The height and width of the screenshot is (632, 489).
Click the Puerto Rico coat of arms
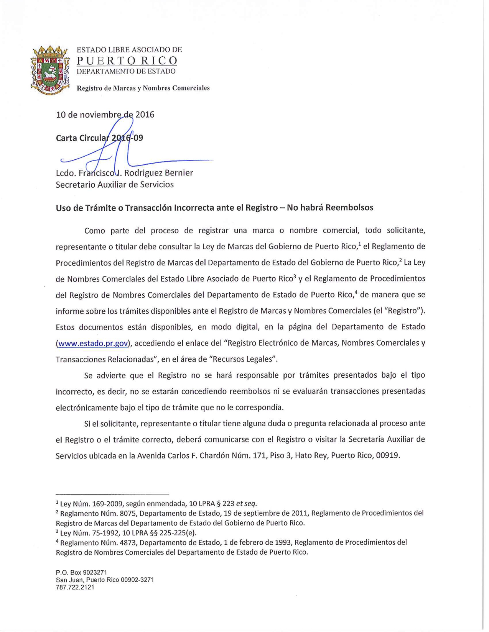50,70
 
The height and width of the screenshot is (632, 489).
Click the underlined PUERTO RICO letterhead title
127,61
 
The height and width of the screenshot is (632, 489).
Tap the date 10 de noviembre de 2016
105,115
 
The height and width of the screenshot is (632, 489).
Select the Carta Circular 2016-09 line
99,138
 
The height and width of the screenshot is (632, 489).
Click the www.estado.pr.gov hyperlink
93,343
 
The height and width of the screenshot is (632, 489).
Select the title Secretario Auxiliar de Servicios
115,185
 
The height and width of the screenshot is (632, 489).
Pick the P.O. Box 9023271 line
81,572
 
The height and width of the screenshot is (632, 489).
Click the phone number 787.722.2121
75,587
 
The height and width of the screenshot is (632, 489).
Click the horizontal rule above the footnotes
112,494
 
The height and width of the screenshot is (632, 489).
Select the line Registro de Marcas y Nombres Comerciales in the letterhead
143,88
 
